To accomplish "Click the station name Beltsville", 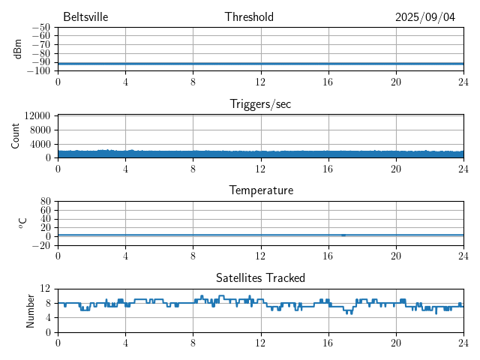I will pos(85,17).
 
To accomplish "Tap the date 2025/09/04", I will pos(425,17).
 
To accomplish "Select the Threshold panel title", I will pos(249,17).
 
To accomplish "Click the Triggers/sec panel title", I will pos(260,104).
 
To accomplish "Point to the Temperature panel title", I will pos(260,190).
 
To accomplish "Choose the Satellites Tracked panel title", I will pos(260,278).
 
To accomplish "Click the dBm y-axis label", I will pos(18,49).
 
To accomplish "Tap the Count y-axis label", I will pos(16,136).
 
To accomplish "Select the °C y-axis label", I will pos(22,223).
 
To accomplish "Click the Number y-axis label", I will pos(31,310).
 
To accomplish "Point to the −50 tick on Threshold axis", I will pos(41,27).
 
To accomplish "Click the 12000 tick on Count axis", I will pos(37,115).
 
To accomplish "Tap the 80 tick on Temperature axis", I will pos(45,202).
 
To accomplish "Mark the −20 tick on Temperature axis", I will pos(41,245).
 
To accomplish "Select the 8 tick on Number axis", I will pos(48,303).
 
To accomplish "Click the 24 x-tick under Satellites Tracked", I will pos(463,343).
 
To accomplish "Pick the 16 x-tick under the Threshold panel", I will pos(328,82).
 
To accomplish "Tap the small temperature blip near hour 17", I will pos(343,235).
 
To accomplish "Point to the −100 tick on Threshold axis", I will pos(39,71).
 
